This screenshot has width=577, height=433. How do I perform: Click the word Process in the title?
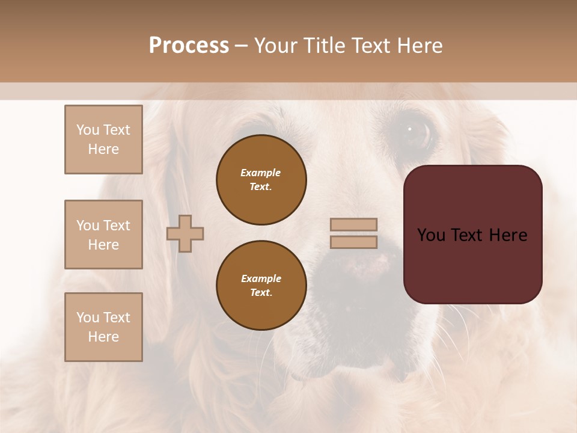[x=189, y=46]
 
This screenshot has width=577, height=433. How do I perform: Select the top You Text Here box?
[x=103, y=140]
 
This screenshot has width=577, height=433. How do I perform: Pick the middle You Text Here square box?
[x=103, y=235]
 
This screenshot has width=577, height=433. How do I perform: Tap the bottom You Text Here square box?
[x=103, y=327]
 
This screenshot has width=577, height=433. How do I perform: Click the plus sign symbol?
[x=185, y=234]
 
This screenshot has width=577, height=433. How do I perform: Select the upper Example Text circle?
[x=261, y=180]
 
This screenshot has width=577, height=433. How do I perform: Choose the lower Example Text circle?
[x=261, y=286]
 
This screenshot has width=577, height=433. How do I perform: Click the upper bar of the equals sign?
[x=353, y=225]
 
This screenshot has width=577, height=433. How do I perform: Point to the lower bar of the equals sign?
[x=353, y=242]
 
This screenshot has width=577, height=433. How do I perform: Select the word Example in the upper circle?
[x=261, y=173]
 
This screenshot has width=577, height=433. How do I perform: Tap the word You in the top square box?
[x=87, y=130]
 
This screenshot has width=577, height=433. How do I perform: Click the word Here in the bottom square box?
[x=103, y=337]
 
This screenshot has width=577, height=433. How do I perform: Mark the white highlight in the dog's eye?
[x=410, y=128]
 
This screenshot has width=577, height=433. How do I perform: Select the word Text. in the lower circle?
[x=261, y=293]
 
